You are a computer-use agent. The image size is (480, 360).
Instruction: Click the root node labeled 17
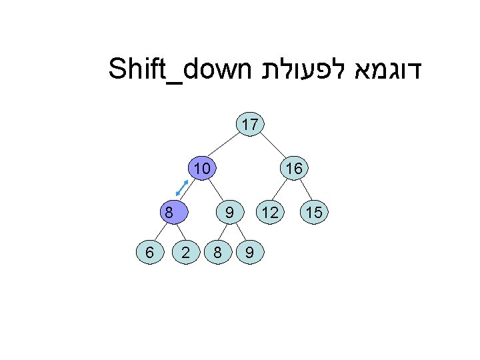[251, 125]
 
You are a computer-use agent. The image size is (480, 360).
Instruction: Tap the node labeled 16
[293, 169]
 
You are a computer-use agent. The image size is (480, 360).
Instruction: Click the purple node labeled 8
[171, 213]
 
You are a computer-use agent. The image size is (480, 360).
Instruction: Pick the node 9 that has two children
[229, 213]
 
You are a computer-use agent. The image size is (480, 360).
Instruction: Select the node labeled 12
[270, 213]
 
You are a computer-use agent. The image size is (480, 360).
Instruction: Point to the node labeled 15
[313, 213]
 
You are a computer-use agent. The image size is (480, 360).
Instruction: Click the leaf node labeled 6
[150, 253]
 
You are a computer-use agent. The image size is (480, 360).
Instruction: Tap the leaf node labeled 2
[188, 253]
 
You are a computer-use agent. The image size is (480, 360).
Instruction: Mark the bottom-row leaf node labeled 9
[249, 253]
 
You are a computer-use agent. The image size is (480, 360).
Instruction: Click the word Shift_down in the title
[179, 69]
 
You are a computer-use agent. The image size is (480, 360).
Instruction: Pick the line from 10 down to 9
[216, 191]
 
